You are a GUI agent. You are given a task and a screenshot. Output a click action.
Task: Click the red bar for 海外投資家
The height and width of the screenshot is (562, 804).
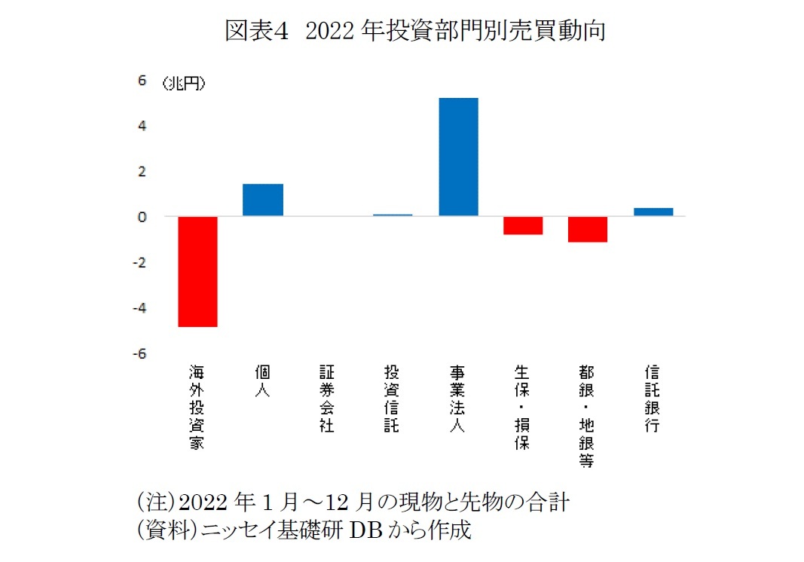(x=197, y=271)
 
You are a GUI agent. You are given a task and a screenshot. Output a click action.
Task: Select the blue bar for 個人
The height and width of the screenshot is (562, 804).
(x=262, y=200)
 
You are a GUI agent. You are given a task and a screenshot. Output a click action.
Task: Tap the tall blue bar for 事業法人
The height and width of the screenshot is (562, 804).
(x=458, y=157)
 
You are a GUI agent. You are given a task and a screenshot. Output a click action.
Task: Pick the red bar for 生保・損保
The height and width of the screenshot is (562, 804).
(x=523, y=225)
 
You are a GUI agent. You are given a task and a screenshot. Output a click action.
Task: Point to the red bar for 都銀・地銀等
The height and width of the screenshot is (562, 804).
(x=588, y=229)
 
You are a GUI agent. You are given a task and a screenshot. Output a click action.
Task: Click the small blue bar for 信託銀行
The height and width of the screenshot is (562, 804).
(x=653, y=212)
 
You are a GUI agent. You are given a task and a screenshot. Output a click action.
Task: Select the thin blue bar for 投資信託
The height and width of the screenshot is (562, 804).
(x=393, y=215)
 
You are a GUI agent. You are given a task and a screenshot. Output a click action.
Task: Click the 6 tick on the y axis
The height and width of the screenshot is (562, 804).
(x=141, y=81)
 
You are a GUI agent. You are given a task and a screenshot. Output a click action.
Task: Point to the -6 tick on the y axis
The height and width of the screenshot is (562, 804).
(x=139, y=354)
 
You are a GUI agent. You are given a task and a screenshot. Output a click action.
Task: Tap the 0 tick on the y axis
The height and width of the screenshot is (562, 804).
(x=141, y=217)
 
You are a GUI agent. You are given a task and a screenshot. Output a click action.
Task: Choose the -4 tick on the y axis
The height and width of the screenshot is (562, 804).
(x=139, y=308)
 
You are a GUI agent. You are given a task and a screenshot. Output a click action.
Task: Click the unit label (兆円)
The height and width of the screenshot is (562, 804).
(x=183, y=84)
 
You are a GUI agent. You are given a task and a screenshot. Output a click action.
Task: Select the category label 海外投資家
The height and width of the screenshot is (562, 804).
(x=197, y=407)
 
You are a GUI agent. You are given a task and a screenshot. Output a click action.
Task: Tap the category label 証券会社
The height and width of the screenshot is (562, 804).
(x=327, y=399)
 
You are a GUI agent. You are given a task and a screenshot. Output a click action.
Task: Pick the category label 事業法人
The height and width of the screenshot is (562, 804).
(x=457, y=399)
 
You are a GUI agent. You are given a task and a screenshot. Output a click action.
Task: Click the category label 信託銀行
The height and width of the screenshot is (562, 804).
(x=653, y=399)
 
